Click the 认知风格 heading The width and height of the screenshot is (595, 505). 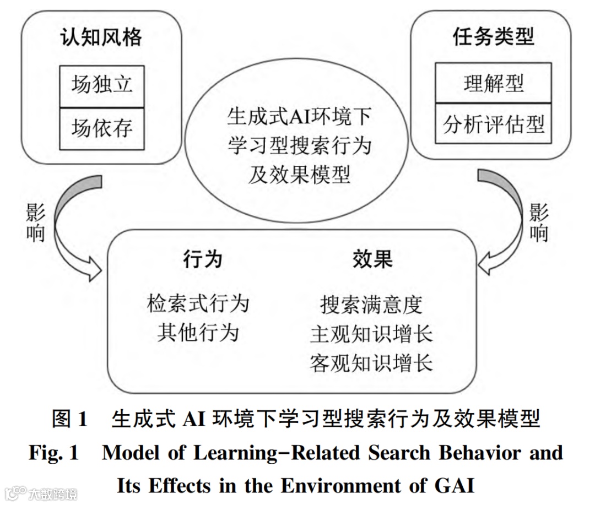click(x=101, y=37)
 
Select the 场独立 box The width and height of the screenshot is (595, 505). click(x=102, y=85)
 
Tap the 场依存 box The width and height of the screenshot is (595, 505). click(x=102, y=129)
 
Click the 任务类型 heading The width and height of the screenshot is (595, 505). click(x=494, y=37)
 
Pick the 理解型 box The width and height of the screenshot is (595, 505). click(x=494, y=83)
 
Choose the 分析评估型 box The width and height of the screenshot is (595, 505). click(x=494, y=124)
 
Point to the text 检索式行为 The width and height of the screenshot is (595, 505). click(x=198, y=303)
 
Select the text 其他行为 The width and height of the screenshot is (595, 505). click(x=198, y=333)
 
